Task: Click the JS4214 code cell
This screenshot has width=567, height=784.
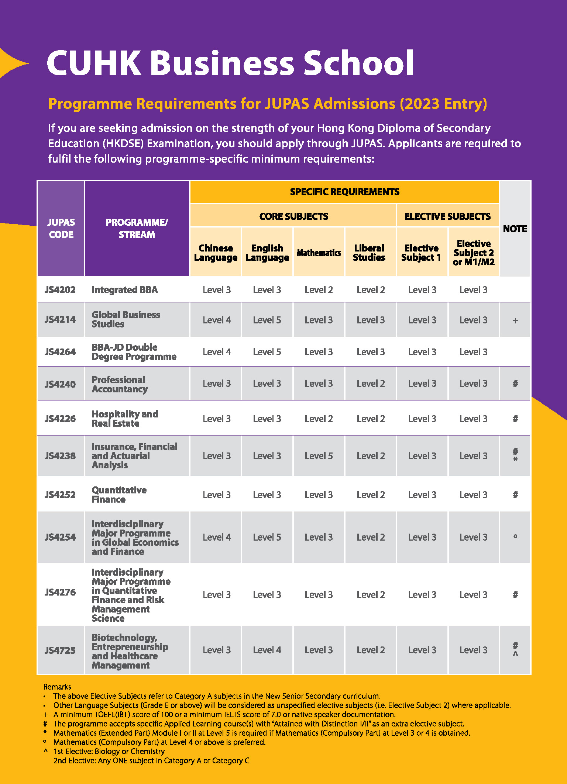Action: (60, 319)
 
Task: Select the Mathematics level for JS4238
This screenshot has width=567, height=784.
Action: (319, 456)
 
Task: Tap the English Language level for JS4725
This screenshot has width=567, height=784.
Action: (267, 650)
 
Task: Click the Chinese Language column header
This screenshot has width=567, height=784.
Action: (216, 253)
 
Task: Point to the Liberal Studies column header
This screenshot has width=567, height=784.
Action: (369, 253)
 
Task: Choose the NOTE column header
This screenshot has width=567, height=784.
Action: (515, 229)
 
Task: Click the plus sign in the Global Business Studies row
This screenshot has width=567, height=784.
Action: (515, 320)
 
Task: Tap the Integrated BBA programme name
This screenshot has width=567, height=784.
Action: (125, 290)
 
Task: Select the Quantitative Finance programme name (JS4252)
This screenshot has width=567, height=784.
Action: (119, 495)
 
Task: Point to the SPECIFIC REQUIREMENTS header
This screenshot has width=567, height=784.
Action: (344, 192)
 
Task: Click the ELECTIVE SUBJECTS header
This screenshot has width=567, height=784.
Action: (447, 216)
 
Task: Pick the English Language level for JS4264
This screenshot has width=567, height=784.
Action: (267, 352)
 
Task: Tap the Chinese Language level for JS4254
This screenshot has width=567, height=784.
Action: (217, 537)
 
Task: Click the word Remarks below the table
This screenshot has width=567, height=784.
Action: (57, 687)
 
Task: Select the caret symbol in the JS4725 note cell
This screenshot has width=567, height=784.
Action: (515, 654)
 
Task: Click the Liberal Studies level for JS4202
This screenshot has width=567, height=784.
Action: (371, 290)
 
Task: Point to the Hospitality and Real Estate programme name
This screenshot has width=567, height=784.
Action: (125, 419)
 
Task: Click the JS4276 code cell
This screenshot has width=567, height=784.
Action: (60, 592)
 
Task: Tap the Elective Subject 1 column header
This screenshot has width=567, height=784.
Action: (421, 253)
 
